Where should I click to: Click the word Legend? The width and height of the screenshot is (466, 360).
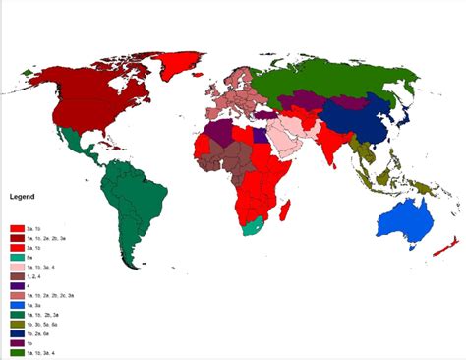tap(22, 197)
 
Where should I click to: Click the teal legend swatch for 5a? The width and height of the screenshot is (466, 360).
tap(17, 256)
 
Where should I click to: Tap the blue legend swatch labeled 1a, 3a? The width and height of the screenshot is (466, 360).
tap(17, 304)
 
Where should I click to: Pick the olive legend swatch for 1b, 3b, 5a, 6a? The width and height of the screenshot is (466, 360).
tap(17, 323)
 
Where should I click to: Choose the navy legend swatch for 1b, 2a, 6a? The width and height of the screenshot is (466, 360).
tap(17, 332)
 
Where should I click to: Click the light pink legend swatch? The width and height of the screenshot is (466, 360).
tap(17, 266)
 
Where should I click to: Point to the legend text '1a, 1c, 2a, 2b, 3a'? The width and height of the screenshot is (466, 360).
tap(48, 237)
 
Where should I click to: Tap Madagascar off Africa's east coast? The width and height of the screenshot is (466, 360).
tap(288, 209)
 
